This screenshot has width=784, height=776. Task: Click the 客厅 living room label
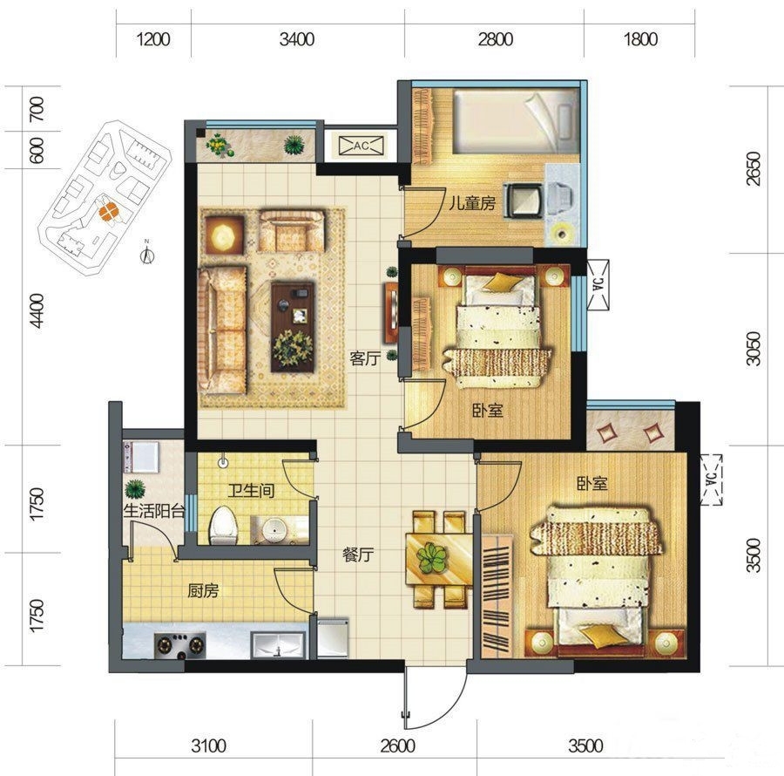(x=365, y=358)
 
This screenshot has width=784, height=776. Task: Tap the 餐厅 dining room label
(x=358, y=555)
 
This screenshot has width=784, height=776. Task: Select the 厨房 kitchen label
(x=203, y=591)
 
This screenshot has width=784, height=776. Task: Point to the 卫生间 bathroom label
(x=251, y=490)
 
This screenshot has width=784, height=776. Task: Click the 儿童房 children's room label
(x=472, y=203)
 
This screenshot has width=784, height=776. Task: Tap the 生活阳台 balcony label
(x=154, y=511)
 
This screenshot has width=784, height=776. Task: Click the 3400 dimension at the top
(x=297, y=39)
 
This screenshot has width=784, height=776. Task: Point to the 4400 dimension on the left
(x=37, y=310)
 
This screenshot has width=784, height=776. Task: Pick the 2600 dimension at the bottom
(x=397, y=746)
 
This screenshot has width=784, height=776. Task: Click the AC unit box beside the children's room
(x=362, y=146)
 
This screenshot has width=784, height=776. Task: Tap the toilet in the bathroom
(x=223, y=525)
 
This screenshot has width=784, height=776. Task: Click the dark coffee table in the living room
(x=293, y=327)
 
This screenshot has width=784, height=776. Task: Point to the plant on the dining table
(x=432, y=558)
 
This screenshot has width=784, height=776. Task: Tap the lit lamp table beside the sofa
(x=224, y=233)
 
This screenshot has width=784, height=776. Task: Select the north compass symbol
(x=147, y=253)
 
